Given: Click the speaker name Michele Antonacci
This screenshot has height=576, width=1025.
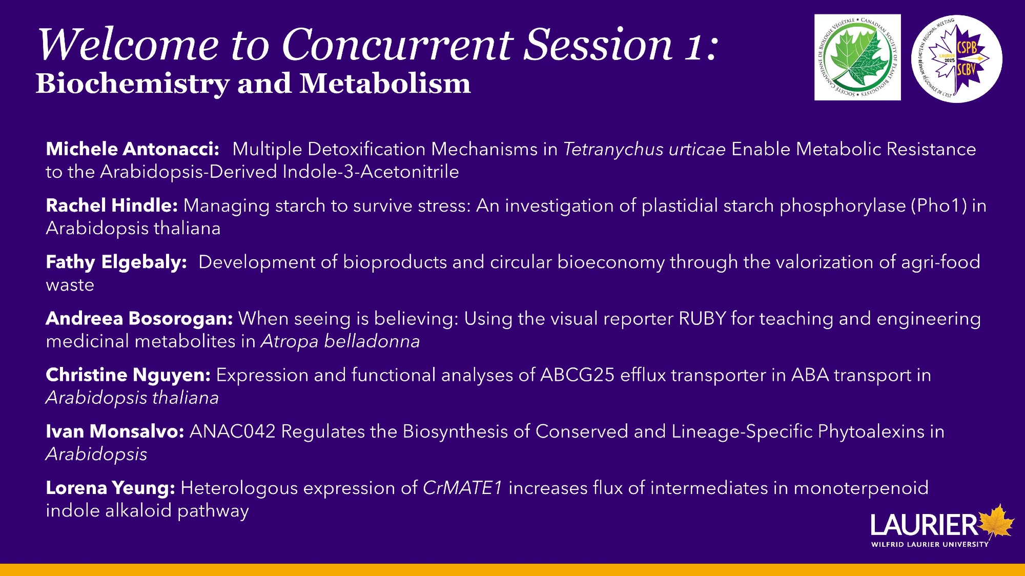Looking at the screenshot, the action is [132, 149].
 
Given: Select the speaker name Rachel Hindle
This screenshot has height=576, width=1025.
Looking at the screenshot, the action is [112, 205].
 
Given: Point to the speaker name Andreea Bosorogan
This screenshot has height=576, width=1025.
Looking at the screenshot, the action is [139, 319].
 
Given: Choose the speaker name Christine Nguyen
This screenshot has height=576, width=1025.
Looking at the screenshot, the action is [128, 375].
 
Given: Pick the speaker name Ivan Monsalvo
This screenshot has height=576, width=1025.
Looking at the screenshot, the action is [115, 431].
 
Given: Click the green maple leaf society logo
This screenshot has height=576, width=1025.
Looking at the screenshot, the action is [857, 57].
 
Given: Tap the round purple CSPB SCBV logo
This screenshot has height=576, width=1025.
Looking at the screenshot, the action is [956, 58].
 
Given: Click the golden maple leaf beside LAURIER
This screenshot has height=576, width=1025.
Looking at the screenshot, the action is [996, 522].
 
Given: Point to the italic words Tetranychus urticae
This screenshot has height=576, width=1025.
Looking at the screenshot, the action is [644, 149].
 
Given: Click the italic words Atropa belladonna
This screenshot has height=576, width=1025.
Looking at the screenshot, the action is [340, 341].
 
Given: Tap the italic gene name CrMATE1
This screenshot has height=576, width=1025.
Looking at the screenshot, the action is [462, 488].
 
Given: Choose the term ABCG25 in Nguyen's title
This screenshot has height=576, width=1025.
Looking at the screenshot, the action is [577, 375].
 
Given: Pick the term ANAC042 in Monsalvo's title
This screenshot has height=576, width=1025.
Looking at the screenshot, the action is [233, 431].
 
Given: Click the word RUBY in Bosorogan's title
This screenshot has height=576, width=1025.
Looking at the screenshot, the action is [702, 319].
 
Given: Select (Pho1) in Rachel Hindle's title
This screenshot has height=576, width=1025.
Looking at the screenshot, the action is [938, 205].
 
